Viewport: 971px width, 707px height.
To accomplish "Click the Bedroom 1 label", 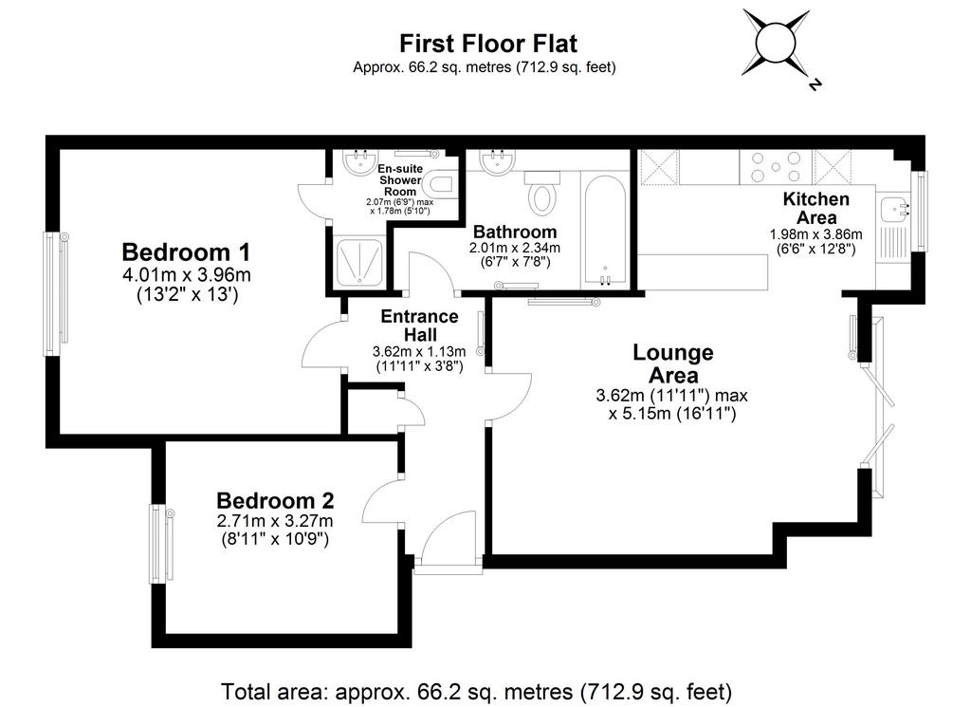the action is (186, 252).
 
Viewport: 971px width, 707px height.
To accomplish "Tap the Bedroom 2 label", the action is (275, 500).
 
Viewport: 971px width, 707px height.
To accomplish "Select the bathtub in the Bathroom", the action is (605, 230).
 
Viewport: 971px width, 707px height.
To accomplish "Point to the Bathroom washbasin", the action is (496, 162).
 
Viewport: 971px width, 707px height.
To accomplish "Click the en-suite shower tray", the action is (358, 262).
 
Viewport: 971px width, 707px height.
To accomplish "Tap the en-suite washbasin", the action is (358, 162).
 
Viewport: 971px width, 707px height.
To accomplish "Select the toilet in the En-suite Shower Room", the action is (440, 184).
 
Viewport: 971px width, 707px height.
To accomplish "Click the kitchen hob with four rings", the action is (776, 167).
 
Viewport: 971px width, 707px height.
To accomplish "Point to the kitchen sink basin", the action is (893, 207).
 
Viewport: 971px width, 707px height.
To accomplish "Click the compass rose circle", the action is (775, 42).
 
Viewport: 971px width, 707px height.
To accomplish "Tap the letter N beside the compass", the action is (815, 84).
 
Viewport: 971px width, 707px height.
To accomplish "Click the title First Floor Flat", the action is (488, 44).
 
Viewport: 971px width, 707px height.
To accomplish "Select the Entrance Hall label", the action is (420, 326).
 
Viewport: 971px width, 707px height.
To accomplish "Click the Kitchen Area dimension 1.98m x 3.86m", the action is (816, 234).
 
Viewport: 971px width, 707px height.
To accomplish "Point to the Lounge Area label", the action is (673, 363).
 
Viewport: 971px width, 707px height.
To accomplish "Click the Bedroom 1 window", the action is (54, 293).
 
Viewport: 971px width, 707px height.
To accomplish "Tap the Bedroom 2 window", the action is (160, 544).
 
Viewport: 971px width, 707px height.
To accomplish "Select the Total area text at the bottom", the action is (477, 691).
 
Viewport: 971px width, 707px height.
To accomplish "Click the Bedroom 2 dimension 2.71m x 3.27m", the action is (275, 521).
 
